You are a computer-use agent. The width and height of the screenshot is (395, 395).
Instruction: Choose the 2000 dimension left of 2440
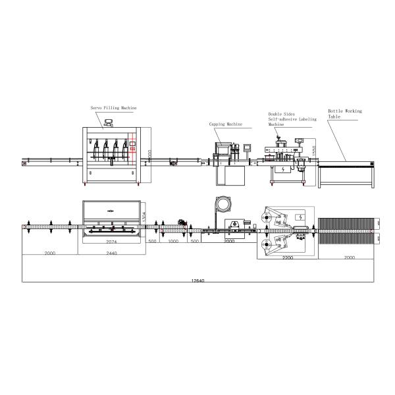(x=50, y=252)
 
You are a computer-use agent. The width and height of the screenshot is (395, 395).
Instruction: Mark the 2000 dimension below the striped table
(x=348, y=257)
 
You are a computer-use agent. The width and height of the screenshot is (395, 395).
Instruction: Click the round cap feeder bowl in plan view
(x=221, y=205)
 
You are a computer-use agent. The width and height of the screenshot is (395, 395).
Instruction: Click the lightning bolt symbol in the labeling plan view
(x=299, y=217)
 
